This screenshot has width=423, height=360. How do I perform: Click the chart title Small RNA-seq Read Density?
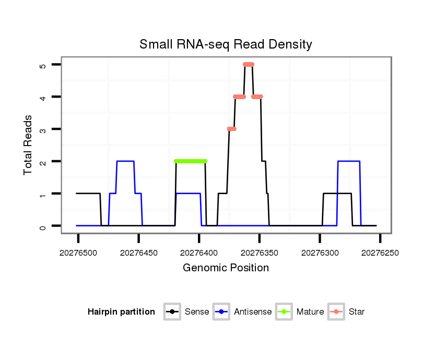pyautogui.click(x=226, y=44)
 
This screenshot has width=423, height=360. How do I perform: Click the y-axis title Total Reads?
pyautogui.click(x=28, y=145)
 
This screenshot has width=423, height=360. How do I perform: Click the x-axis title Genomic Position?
pyautogui.click(x=226, y=268)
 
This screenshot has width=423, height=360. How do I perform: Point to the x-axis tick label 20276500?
pyautogui.click(x=78, y=253)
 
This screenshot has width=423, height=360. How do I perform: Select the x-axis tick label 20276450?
pyautogui.click(x=138, y=253)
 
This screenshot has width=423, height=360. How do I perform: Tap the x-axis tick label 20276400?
pyautogui.click(x=199, y=253)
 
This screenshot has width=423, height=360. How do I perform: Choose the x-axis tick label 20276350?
pyautogui.click(x=259, y=253)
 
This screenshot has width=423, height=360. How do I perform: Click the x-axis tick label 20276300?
pyautogui.click(x=320, y=253)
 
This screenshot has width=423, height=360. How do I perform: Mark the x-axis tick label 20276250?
pyautogui.click(x=380, y=253)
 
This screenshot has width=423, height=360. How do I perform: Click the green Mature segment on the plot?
pyautogui.click(x=191, y=161)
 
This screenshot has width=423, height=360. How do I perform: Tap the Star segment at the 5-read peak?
pyautogui.click(x=249, y=64)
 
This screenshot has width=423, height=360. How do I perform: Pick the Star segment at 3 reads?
pyautogui.click(x=231, y=129)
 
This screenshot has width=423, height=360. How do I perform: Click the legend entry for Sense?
pyautogui.click(x=187, y=312)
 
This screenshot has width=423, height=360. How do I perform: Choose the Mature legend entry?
pyautogui.click(x=300, y=312)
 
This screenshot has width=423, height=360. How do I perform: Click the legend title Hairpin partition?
pyautogui.click(x=121, y=312)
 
